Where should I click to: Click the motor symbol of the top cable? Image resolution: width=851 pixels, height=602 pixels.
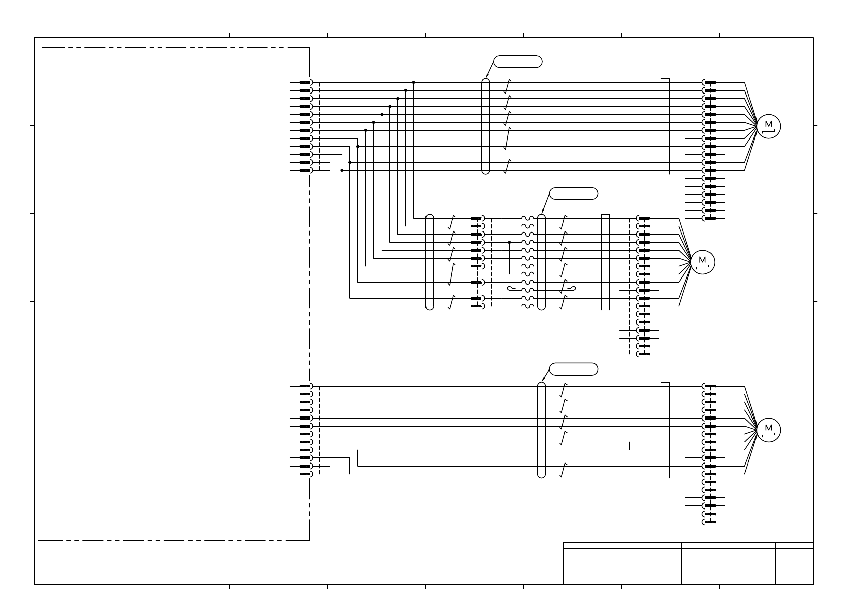(x=769, y=126)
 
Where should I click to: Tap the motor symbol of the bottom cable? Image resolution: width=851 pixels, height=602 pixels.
(x=769, y=430)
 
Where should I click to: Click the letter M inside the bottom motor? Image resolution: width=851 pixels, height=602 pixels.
(x=769, y=428)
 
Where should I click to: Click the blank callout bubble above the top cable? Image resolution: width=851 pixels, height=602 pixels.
(x=518, y=62)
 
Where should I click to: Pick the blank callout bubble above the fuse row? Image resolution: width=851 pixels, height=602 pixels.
(x=574, y=194)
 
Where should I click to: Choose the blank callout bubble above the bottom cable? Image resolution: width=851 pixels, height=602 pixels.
(x=574, y=369)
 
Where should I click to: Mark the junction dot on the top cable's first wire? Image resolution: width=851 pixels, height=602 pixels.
(x=414, y=82)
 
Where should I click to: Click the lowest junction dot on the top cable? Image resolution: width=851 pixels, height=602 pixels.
(x=342, y=170)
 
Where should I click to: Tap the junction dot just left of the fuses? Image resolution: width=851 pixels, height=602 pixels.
(x=509, y=242)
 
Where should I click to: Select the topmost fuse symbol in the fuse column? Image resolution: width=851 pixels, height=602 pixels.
(x=528, y=218)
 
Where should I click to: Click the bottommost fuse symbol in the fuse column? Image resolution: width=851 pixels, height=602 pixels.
(x=528, y=306)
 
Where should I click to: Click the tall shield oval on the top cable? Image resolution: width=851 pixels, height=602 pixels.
(x=486, y=126)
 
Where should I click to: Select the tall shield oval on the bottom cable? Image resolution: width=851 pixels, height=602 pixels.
(x=541, y=430)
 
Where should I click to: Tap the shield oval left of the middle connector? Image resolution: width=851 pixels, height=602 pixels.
(x=430, y=262)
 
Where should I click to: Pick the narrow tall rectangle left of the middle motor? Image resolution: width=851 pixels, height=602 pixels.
(x=605, y=262)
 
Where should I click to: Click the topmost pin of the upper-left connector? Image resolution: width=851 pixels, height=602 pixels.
(x=305, y=82)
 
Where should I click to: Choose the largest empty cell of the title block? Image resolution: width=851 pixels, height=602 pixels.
(x=622, y=567)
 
